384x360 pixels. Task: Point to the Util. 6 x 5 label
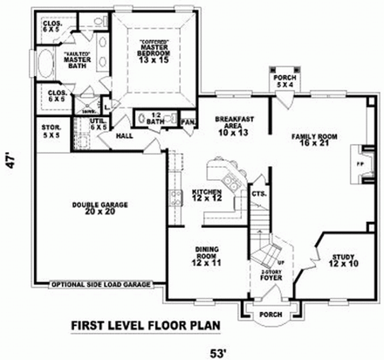[x=99, y=124]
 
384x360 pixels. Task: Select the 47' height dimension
[x=11, y=163]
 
